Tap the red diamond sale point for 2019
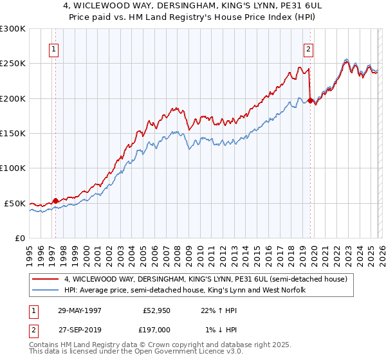coord(310,100)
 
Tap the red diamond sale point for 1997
coord(55,201)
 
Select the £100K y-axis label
coord(13,168)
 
